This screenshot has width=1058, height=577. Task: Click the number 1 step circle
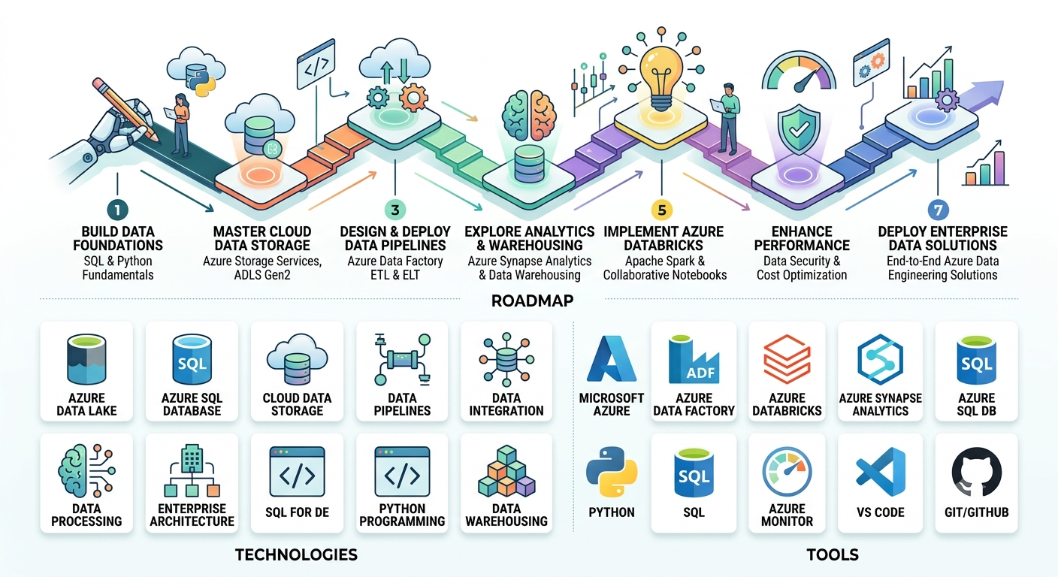[x=117, y=210]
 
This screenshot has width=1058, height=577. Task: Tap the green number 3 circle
[x=394, y=210]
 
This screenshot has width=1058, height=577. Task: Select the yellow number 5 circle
[x=662, y=210]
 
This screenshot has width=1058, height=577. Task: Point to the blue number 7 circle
[x=938, y=210]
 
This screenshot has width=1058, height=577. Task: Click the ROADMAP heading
[x=532, y=301]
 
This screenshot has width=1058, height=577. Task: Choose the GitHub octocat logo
[x=976, y=472]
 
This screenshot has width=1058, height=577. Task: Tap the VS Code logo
[x=881, y=472]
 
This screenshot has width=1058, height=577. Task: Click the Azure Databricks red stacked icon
[x=787, y=359]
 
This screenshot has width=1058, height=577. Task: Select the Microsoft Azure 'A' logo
[x=612, y=359]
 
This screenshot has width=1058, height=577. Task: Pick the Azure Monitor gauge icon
[x=787, y=472]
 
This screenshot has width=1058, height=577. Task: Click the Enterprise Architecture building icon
[x=192, y=470]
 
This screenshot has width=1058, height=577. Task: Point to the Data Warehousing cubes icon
[x=506, y=471]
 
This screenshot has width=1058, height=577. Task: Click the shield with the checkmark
[x=799, y=129]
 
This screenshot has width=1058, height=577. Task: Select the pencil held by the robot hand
[x=125, y=110]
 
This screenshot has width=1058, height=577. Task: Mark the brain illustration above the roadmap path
[x=529, y=115]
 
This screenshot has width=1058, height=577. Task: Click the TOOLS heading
[x=833, y=554]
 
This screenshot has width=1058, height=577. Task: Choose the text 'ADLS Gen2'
[x=262, y=275]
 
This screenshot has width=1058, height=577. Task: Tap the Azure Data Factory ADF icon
[x=694, y=359]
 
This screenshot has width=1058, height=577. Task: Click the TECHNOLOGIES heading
[x=296, y=554]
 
